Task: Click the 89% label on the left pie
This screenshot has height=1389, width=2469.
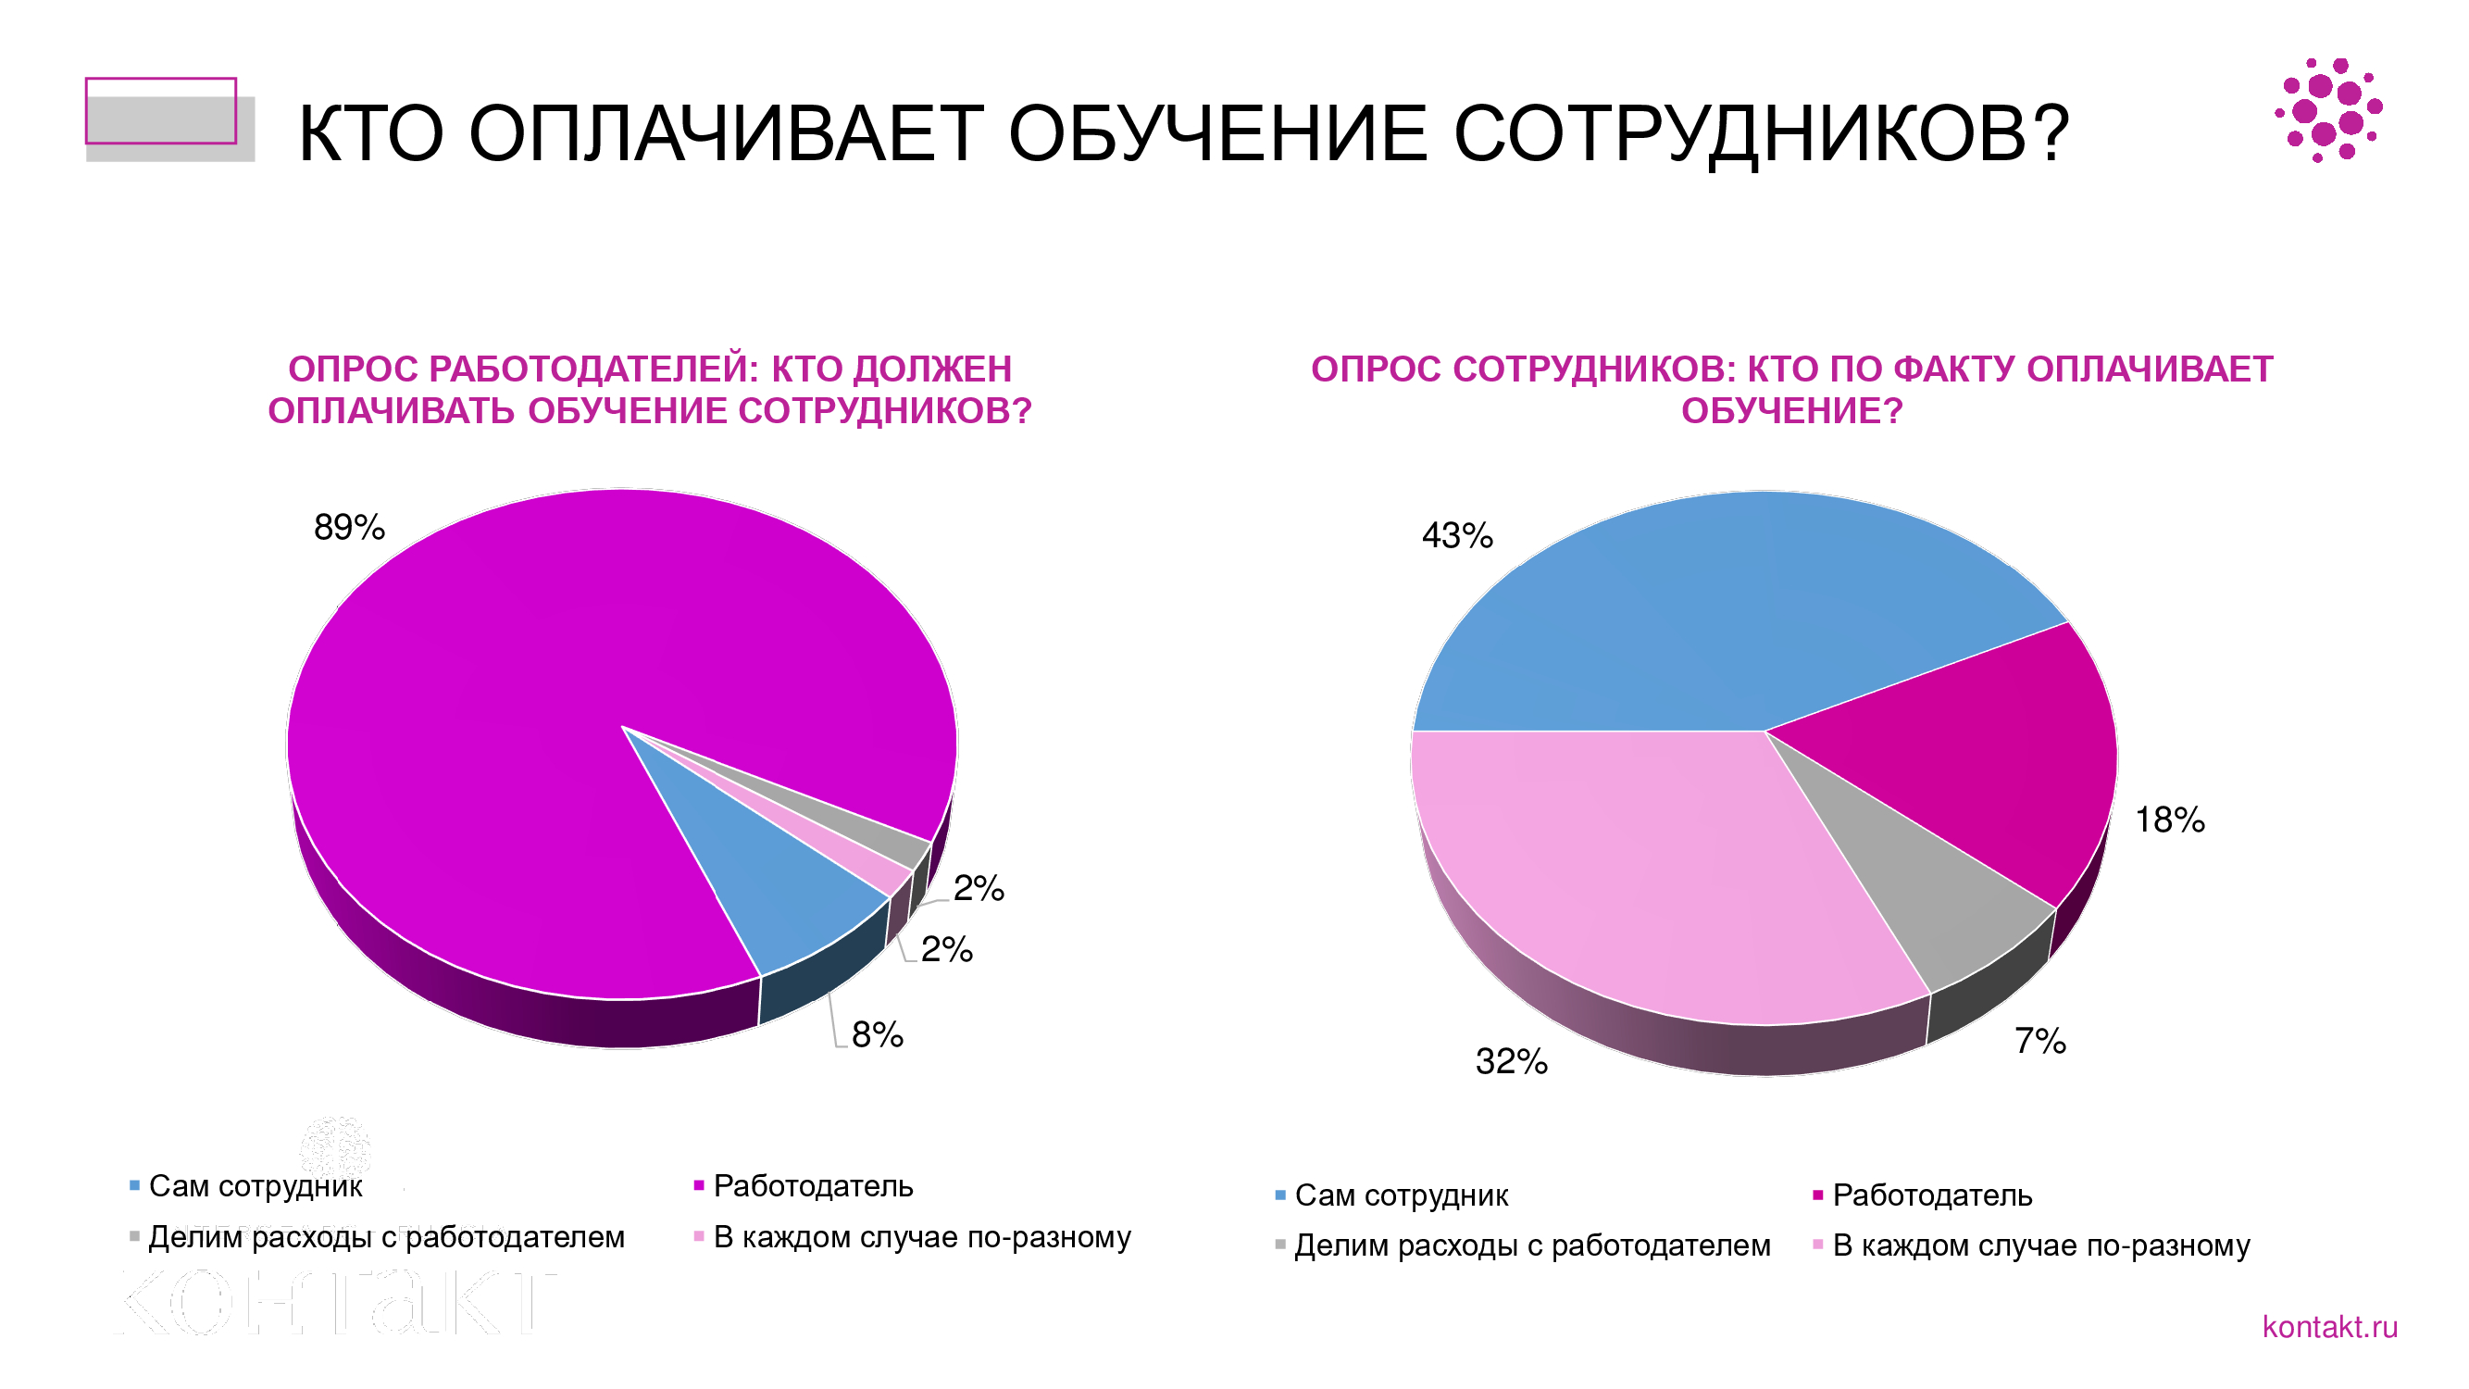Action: tap(349, 527)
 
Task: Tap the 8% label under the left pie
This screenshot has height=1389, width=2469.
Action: tap(876, 1034)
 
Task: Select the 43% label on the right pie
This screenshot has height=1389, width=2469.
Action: tap(1456, 535)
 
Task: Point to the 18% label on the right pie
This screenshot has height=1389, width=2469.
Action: tap(2169, 820)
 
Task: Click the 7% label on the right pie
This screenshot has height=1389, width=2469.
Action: tap(2039, 1040)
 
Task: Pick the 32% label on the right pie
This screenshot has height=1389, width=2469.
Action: tap(1511, 1061)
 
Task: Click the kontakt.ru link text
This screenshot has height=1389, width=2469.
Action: tap(2329, 1327)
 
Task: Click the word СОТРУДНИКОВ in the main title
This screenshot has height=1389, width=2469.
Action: tap(1762, 134)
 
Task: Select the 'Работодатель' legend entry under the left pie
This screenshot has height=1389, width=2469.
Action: tap(813, 1187)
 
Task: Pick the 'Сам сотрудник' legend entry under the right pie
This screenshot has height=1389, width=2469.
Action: tap(1401, 1195)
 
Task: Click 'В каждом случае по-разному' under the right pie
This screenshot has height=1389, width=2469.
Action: tap(2040, 1245)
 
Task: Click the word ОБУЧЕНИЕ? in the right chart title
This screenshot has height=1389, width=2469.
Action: tap(1791, 411)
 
